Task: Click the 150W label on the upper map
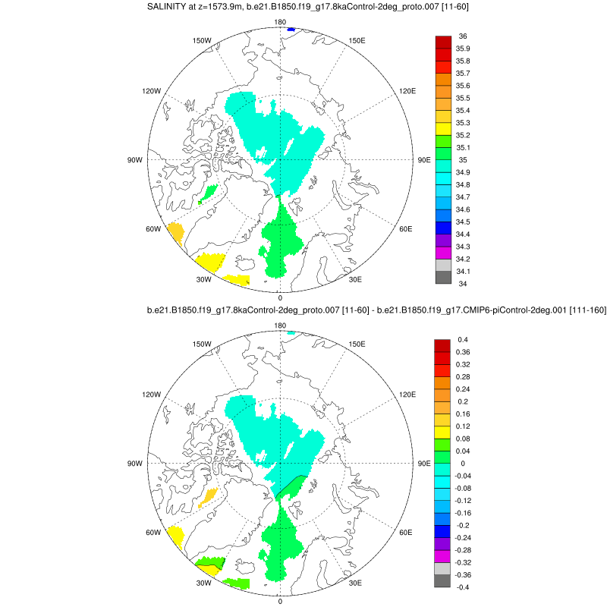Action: click(202, 40)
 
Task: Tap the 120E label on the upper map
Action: click(407, 91)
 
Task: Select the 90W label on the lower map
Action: click(135, 464)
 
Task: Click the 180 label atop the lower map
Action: click(280, 326)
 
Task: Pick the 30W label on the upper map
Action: click(203, 280)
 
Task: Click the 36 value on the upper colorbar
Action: click(463, 36)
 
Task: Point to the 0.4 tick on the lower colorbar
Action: click(462, 339)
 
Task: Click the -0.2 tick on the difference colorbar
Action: click(463, 525)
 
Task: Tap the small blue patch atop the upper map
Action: click(291, 30)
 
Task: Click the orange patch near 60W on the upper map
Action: click(176, 231)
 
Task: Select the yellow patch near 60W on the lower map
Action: click(176, 536)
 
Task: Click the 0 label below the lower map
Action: click(280, 601)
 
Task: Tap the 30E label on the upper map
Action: click(355, 280)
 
